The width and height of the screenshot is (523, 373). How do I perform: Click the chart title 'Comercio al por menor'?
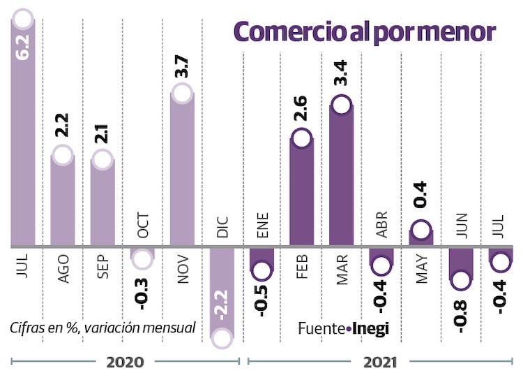(364, 32)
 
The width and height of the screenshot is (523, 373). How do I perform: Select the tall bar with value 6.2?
(23, 140)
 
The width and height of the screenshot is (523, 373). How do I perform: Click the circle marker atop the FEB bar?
(301, 138)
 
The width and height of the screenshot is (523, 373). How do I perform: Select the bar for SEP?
(103, 203)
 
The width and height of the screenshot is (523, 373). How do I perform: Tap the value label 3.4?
(341, 73)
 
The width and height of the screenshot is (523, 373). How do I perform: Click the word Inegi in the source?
(370, 328)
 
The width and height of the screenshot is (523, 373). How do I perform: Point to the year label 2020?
(125, 363)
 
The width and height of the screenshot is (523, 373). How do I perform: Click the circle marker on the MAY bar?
(420, 229)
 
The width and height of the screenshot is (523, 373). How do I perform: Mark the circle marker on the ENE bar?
(261, 270)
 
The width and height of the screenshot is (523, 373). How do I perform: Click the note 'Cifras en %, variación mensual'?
(103, 328)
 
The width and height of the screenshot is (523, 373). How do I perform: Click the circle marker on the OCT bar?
(142, 259)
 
